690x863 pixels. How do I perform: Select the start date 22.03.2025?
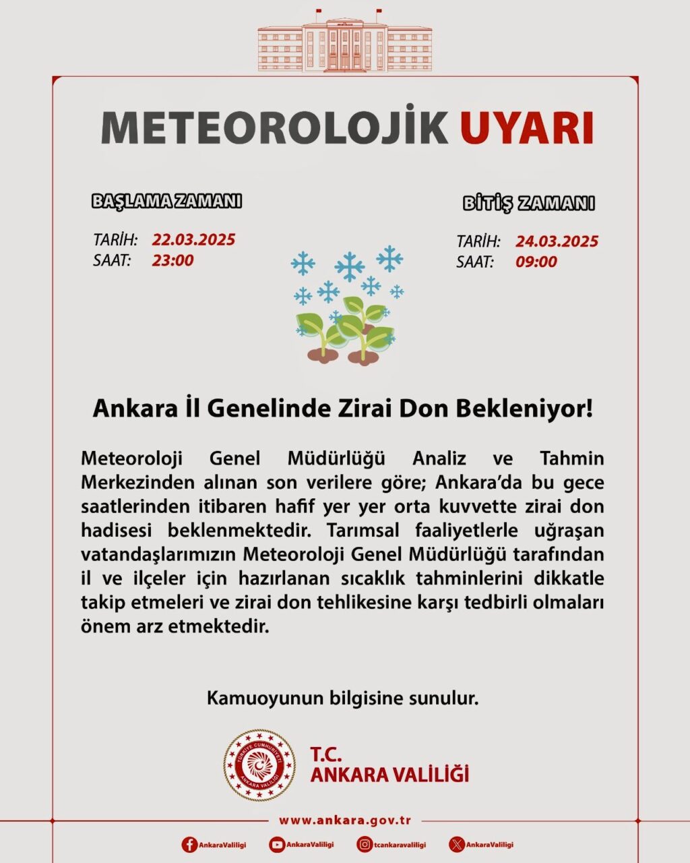[193, 239]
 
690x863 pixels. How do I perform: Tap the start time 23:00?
[172, 260]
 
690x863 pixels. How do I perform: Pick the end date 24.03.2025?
[557, 241]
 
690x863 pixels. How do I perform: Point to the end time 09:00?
[536, 262]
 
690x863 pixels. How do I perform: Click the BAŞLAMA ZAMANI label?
[166, 201]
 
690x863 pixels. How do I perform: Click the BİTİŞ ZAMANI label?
[528, 203]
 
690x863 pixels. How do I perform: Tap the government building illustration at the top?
[344, 42]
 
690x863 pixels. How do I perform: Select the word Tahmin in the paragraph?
[572, 458]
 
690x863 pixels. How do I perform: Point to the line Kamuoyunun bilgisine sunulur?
[342, 698]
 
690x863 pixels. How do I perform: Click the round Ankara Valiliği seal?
[259, 766]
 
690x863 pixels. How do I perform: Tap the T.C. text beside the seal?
[326, 754]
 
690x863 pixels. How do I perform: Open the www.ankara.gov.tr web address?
[345, 821]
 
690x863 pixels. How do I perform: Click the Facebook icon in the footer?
[190, 844]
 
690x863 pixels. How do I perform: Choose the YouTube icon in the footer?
[277, 844]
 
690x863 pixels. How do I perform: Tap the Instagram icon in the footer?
[365, 844]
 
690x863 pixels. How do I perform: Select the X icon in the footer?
[457, 844]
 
